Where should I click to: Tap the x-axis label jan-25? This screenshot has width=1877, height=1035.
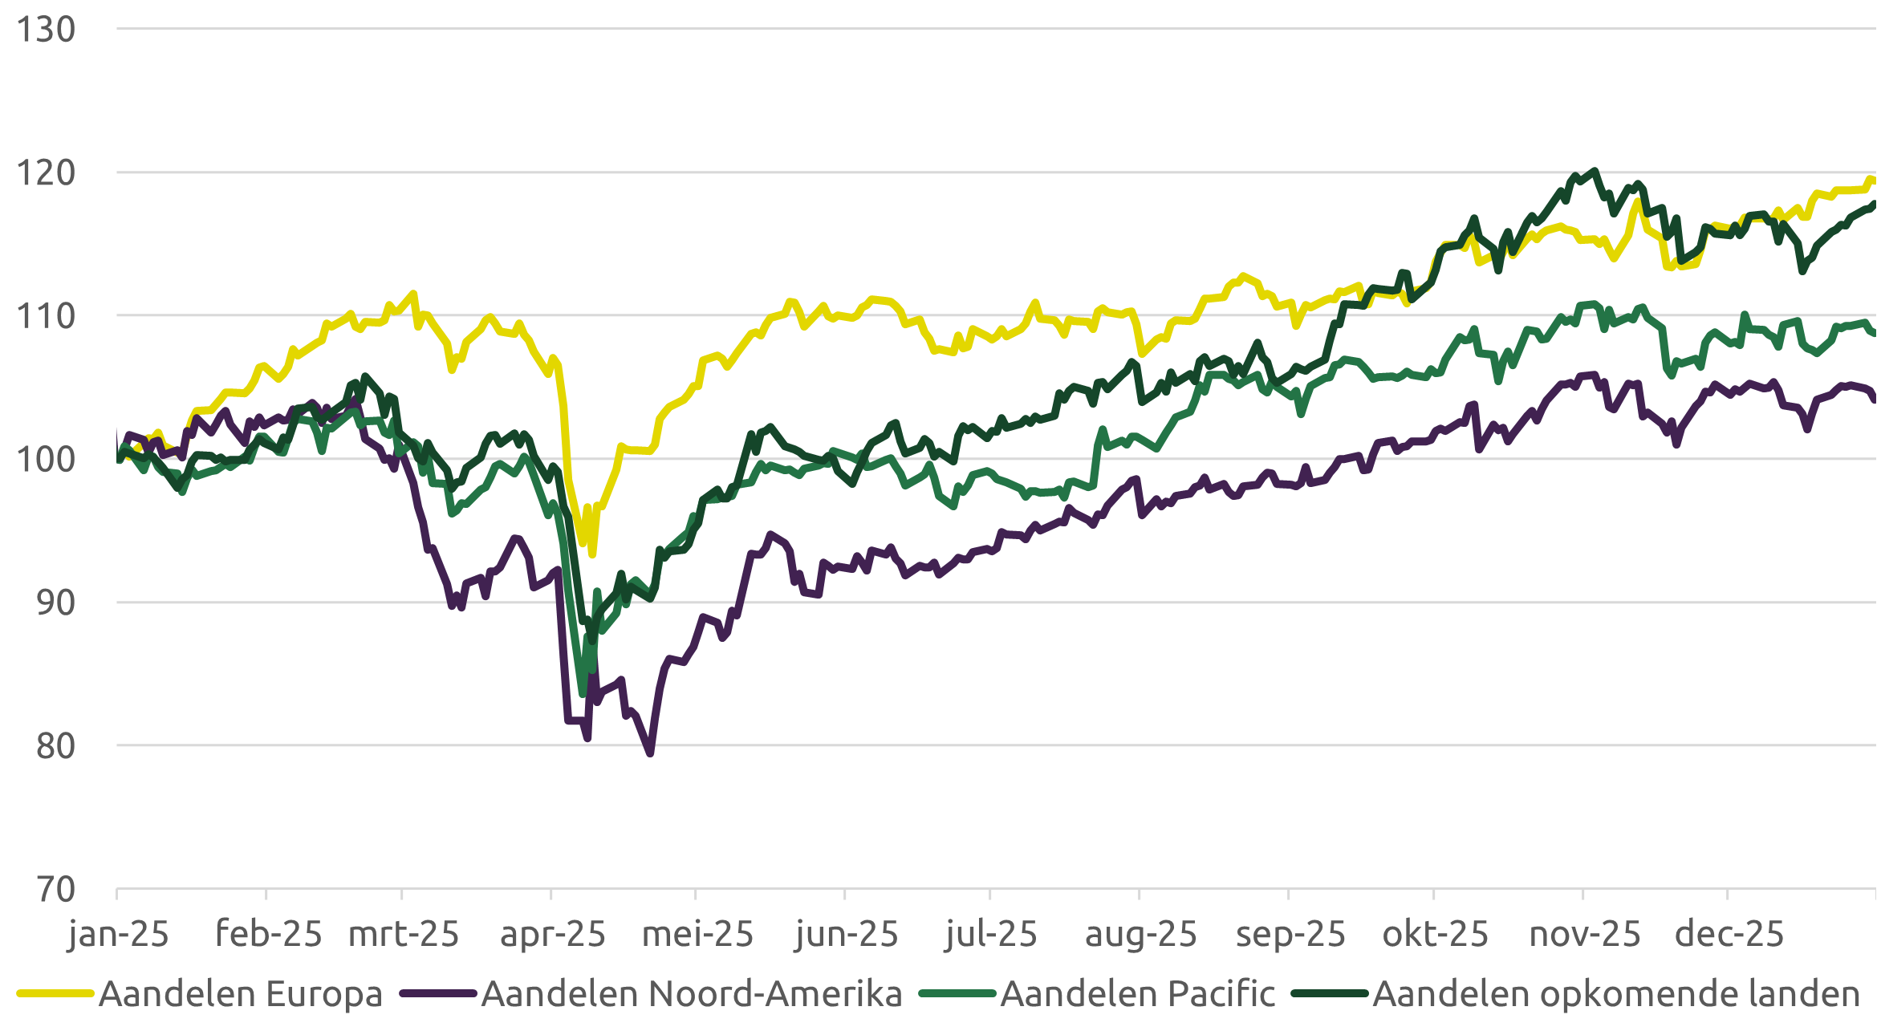pos(118,935)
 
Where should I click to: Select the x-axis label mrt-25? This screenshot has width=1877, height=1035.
pos(404,935)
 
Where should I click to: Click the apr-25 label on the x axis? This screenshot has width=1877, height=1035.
pos(552,935)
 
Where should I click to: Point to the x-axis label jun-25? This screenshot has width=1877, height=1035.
pos(846,935)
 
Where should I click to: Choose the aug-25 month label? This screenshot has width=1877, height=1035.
pos(1140,935)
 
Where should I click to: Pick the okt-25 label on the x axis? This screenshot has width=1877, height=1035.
pos(1435,935)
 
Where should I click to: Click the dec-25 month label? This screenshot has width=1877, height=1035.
pos(1729,935)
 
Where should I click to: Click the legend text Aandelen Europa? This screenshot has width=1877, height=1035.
pos(240,994)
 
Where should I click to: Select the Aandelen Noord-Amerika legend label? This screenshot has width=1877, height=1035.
pos(692,994)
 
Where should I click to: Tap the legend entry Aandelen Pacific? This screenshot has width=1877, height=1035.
pos(1137,994)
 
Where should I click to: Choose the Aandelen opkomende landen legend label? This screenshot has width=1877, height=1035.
pos(1616,994)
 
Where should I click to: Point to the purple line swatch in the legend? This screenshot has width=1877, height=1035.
pos(438,994)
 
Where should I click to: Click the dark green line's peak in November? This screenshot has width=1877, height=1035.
pos(1594,170)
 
